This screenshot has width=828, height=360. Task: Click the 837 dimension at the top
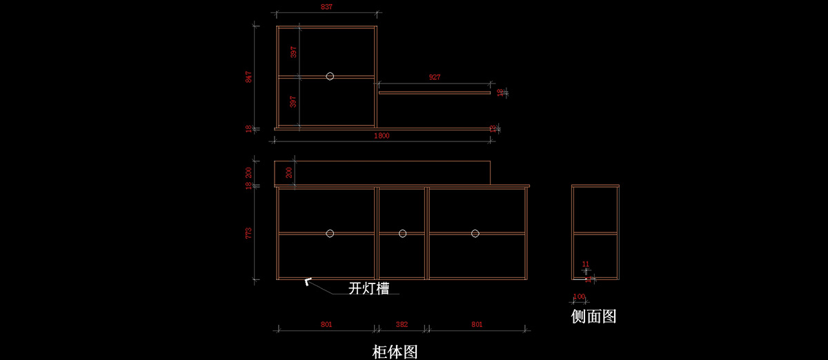pyautogui.click(x=326, y=7)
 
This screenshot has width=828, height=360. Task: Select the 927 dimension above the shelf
pyautogui.click(x=434, y=77)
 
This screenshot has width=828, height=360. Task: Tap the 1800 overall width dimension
pyautogui.click(x=382, y=136)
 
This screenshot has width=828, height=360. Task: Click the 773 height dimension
pyautogui.click(x=249, y=233)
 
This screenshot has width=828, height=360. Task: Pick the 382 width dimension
pyautogui.click(x=402, y=324)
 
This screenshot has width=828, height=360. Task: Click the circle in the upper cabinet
pyautogui.click(x=330, y=76)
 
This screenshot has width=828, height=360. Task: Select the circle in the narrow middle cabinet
pyautogui.click(x=402, y=233)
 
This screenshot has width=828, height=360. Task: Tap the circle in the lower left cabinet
pyautogui.click(x=330, y=233)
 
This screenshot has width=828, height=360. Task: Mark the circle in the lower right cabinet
pyautogui.click(x=475, y=233)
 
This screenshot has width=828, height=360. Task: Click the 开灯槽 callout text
pyautogui.click(x=368, y=288)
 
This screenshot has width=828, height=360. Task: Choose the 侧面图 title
pyautogui.click(x=593, y=317)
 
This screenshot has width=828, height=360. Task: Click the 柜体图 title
pyautogui.click(x=395, y=352)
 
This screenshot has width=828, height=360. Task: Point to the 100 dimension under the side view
pyautogui.click(x=579, y=297)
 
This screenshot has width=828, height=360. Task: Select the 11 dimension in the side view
pyautogui.click(x=586, y=264)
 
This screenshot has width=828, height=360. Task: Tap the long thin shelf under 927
pyautogui.click(x=434, y=92)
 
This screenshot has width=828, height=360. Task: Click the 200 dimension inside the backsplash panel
pyautogui.click(x=289, y=172)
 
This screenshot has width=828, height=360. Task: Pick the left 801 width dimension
pyautogui.click(x=326, y=324)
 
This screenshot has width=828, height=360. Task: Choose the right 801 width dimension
pyautogui.click(x=477, y=324)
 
